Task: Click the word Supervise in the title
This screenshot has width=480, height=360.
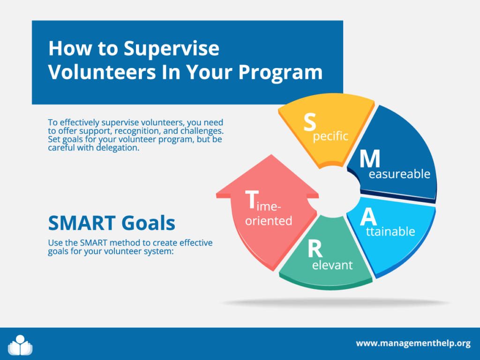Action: [x=172, y=49]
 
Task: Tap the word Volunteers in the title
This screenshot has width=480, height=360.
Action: [x=102, y=72]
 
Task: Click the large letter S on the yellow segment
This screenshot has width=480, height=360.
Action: [x=309, y=122]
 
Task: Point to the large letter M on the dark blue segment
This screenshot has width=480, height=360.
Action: [x=370, y=158]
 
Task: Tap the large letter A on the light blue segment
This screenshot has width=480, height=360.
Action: [x=368, y=217]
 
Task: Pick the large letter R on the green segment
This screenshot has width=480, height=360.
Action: [x=315, y=249]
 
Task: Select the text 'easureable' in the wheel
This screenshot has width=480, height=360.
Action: [x=399, y=174]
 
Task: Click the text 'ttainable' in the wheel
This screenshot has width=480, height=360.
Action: [x=390, y=232]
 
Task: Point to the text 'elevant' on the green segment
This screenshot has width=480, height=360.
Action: [x=332, y=265]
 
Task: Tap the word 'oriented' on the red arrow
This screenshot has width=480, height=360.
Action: [x=269, y=221]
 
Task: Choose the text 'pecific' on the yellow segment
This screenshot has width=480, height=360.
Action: [x=330, y=136]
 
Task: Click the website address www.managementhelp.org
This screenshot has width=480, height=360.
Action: [x=413, y=344]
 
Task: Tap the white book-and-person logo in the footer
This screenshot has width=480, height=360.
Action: [x=20, y=345]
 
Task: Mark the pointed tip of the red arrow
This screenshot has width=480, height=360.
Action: [x=271, y=155]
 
